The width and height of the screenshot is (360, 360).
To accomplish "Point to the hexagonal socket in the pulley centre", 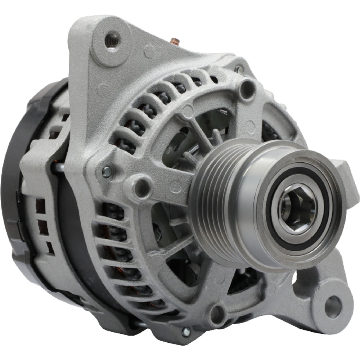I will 297,207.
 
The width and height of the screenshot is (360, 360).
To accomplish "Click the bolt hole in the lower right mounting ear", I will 332,306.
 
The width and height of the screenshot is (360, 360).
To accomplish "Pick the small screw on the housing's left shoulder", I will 107,172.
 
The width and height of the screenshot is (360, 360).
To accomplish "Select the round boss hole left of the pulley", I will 141,187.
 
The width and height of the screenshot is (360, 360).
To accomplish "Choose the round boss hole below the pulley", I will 217,314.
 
